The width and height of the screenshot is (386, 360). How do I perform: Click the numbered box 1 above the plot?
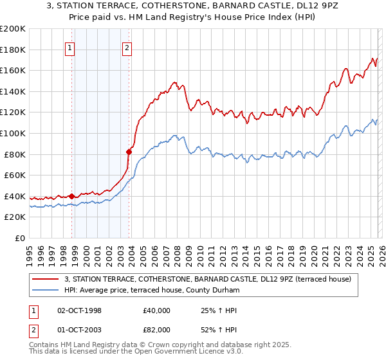pyautogui.click(x=69, y=47)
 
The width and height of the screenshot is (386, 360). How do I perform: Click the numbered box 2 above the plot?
pyautogui.click(x=127, y=47)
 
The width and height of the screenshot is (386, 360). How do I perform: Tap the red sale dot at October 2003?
pyautogui.click(x=129, y=152)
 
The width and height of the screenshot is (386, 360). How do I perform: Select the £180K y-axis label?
pyautogui.click(x=13, y=50)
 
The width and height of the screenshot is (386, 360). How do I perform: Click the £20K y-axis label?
pyautogui.click(x=15, y=217)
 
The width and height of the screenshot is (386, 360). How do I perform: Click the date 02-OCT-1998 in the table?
pyautogui.click(x=80, y=310)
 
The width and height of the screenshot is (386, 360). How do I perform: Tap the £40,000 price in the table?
pyautogui.click(x=157, y=310)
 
